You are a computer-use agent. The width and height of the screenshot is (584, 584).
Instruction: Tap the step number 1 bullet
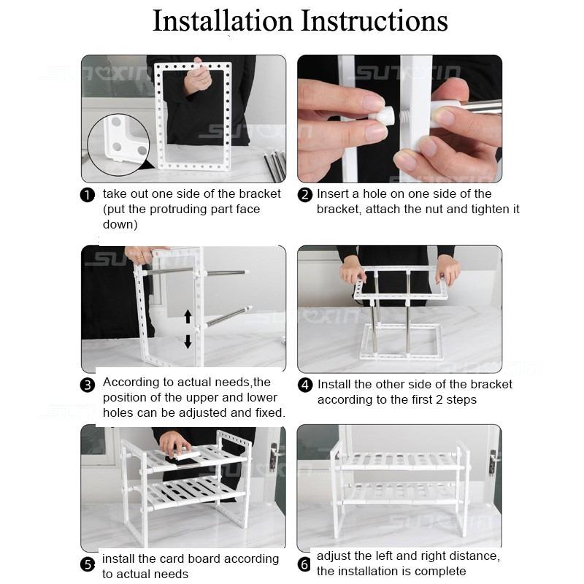click(x=88, y=195)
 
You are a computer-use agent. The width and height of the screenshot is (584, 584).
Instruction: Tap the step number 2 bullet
click(x=305, y=195)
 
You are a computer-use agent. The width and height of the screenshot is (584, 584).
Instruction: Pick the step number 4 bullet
click(x=305, y=385)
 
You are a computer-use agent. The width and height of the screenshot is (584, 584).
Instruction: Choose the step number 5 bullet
click(x=88, y=564)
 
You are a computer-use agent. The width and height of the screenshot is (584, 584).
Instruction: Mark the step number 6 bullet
click(x=304, y=564)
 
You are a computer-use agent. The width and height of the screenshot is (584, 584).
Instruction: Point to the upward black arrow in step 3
click(x=188, y=316)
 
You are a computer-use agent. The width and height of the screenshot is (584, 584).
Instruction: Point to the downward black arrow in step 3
click(x=188, y=340)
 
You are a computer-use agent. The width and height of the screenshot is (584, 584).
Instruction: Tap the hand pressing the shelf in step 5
click(x=174, y=442)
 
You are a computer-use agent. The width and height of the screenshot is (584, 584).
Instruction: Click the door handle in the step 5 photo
click(x=274, y=458)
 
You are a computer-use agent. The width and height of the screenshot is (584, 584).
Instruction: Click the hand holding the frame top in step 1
click(x=197, y=77)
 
